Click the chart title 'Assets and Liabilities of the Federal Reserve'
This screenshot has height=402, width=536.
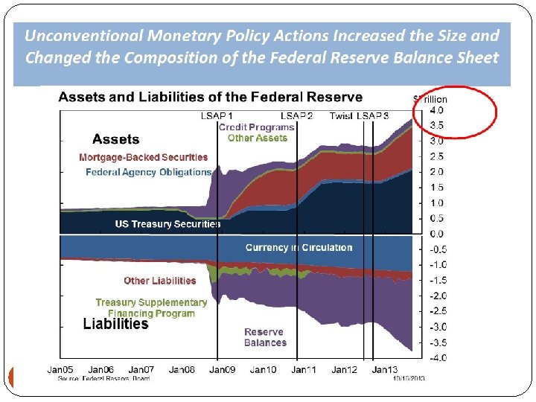tap(211, 97)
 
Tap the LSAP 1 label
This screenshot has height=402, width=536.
tap(217, 115)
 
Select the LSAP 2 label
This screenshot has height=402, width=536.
tap(296, 115)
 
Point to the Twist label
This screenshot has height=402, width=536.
tap(341, 115)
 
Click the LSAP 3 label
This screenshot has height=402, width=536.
tap(372, 115)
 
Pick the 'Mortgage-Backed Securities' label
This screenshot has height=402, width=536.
tap(144, 158)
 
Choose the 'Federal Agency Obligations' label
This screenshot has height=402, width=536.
tap(148, 172)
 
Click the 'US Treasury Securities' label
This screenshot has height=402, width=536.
tap(167, 223)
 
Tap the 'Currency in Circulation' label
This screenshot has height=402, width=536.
tap(299, 247)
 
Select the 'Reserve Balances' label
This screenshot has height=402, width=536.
tap(265, 337)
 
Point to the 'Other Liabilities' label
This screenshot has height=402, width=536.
tap(159, 281)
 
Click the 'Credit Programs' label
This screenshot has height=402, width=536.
tap(256, 127)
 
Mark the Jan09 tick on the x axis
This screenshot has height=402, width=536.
tap(222, 369)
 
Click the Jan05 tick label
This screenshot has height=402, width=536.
tap(60, 369)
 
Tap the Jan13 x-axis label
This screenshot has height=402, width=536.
tap(385, 369)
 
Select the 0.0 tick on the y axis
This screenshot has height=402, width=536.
tap(437, 234)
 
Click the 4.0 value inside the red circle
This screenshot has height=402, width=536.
tap(437, 110)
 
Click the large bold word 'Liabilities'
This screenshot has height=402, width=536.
tap(115, 324)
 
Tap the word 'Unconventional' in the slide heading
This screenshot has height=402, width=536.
tap(81, 35)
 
